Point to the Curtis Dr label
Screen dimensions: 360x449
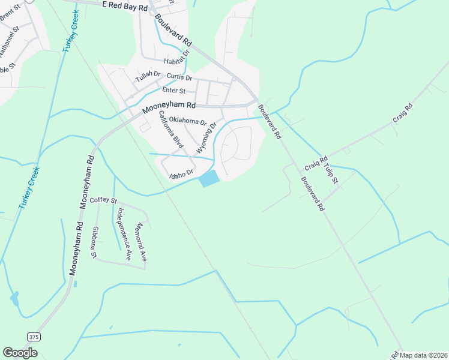(x=179, y=77)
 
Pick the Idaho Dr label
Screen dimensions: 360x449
(x=180, y=174)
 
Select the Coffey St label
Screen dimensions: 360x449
(x=104, y=200)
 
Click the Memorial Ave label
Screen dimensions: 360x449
(x=142, y=242)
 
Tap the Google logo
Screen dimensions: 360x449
(x=20, y=353)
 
